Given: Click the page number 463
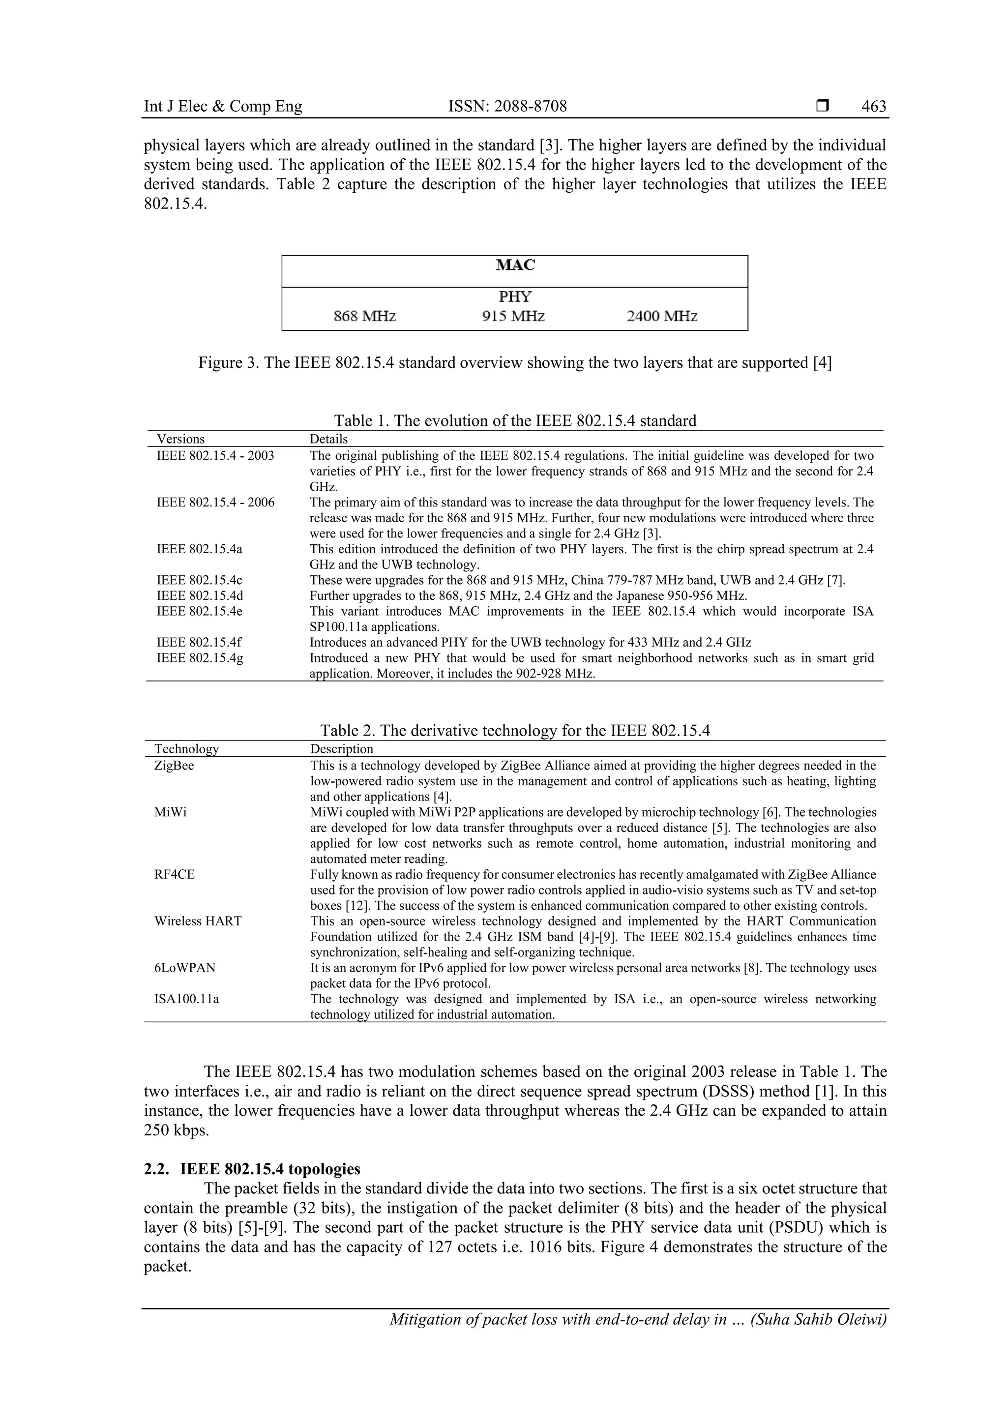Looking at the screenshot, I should tap(873, 107).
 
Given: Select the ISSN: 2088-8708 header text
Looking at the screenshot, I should tap(507, 107).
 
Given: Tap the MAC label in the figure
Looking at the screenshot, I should tap(515, 266).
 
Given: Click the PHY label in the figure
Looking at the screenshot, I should tap(515, 297).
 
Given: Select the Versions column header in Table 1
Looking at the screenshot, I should tap(180, 439).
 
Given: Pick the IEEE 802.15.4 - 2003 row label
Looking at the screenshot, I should tap(215, 456).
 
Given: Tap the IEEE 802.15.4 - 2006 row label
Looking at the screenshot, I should tap(215, 503).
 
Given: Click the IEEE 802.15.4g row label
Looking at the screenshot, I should tap(200, 658).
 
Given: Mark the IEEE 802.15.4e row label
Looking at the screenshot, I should tap(199, 612).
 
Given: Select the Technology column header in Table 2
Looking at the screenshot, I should tap(187, 749).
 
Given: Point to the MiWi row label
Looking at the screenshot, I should tap(171, 812).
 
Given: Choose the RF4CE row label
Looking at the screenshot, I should tap(174, 874).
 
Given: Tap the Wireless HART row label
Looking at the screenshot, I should tap(198, 921).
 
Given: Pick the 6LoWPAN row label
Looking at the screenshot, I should tap(185, 968).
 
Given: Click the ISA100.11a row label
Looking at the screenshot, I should tap(187, 999).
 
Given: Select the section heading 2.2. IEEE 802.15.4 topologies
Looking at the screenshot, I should tap(252, 1169).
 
